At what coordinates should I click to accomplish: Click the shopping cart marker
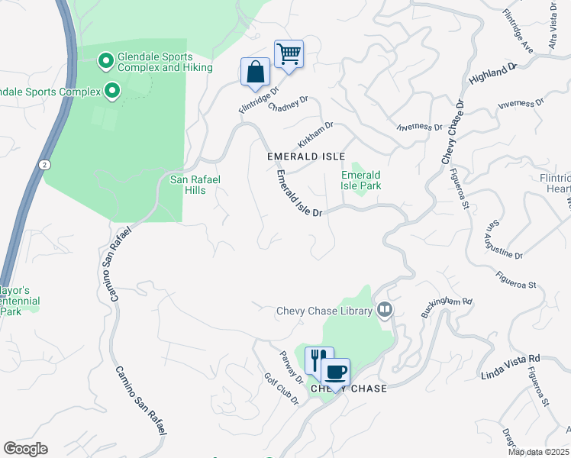(289, 54)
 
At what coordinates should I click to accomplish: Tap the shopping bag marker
(255, 73)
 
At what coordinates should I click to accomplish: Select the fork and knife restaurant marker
(319, 360)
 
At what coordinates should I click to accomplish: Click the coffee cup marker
(335, 372)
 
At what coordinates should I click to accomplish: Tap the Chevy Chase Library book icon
(385, 310)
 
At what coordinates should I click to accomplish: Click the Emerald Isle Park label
(361, 180)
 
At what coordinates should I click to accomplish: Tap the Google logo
(25, 449)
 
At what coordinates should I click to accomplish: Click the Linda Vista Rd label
(511, 366)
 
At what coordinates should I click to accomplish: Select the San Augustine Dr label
(505, 240)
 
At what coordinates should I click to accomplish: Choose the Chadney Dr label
(288, 103)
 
